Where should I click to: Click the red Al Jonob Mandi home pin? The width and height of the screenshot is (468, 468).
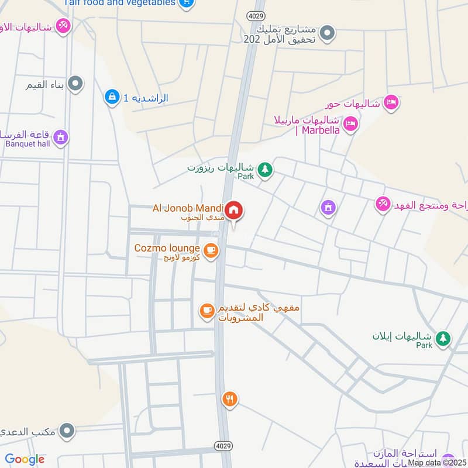point(234,210)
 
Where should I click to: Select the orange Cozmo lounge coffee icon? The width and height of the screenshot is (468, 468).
point(211,251)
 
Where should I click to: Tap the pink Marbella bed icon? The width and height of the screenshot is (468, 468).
point(350,124)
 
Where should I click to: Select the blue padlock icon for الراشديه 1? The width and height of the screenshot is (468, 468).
point(111,97)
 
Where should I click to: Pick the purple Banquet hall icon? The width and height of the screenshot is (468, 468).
point(60,137)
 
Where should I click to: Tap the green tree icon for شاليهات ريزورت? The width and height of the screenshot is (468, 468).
point(266,170)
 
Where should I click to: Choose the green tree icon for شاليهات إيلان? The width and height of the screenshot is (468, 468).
point(443,338)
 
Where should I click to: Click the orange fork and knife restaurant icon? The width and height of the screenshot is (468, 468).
point(229,400)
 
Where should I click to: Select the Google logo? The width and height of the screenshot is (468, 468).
point(25,459)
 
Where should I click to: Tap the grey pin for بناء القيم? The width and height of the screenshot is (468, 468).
point(75,85)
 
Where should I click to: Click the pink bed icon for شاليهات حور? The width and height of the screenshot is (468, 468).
point(391,102)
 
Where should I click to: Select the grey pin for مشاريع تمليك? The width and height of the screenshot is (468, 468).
point(328,33)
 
